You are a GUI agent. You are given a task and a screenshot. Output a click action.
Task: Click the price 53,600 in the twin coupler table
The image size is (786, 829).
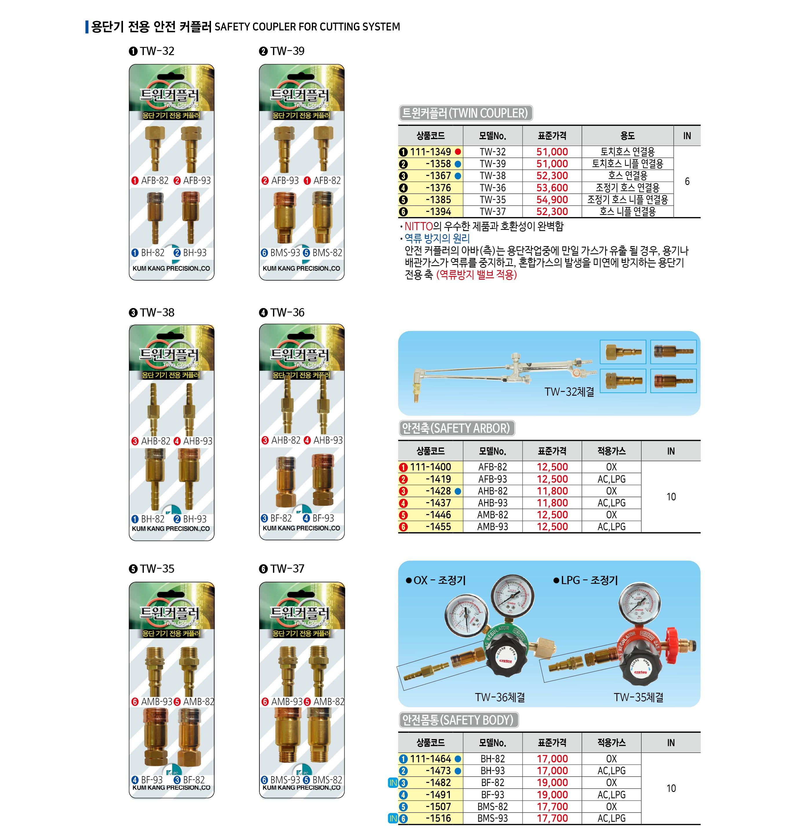pyautogui.click(x=552, y=188)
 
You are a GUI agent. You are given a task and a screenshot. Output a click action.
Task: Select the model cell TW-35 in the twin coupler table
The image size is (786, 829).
pyautogui.click(x=492, y=200)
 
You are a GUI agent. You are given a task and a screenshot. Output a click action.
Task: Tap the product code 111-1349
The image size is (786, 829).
pyautogui.click(x=430, y=152)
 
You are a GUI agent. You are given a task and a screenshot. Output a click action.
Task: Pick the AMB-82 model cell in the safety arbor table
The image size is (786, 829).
pyautogui.click(x=492, y=515)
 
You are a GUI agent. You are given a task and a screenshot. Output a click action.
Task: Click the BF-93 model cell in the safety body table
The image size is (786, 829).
pyautogui.click(x=492, y=795)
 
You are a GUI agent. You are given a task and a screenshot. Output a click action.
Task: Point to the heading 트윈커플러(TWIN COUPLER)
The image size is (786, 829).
pyautogui.click(x=465, y=113)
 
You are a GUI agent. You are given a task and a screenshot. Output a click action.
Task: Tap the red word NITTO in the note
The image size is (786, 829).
pyautogui.click(x=418, y=226)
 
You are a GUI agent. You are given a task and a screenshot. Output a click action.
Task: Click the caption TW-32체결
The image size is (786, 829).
pyautogui.click(x=569, y=392)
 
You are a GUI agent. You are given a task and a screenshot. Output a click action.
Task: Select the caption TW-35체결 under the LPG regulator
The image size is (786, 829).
pyautogui.click(x=638, y=697)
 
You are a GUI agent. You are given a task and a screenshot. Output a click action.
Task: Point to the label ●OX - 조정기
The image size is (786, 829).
pyautogui.click(x=436, y=581)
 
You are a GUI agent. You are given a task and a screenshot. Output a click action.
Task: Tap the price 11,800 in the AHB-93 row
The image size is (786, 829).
pyautogui.click(x=552, y=503)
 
